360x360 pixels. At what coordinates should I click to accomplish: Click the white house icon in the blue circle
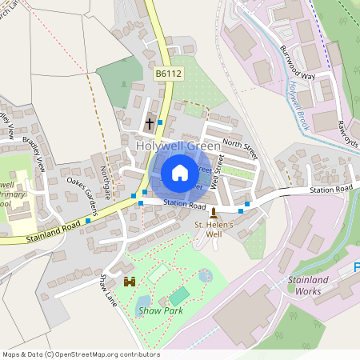pos(180,172)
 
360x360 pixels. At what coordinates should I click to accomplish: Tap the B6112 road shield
pos(169,74)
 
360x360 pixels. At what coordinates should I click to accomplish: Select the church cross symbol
pos(149,124)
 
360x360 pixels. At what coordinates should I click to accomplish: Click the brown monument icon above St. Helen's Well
pos(213,213)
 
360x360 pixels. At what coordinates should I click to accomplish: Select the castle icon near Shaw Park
pos(130,282)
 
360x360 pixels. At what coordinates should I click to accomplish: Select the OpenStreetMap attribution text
pos(80,354)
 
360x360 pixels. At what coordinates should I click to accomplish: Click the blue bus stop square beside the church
pos(161,122)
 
